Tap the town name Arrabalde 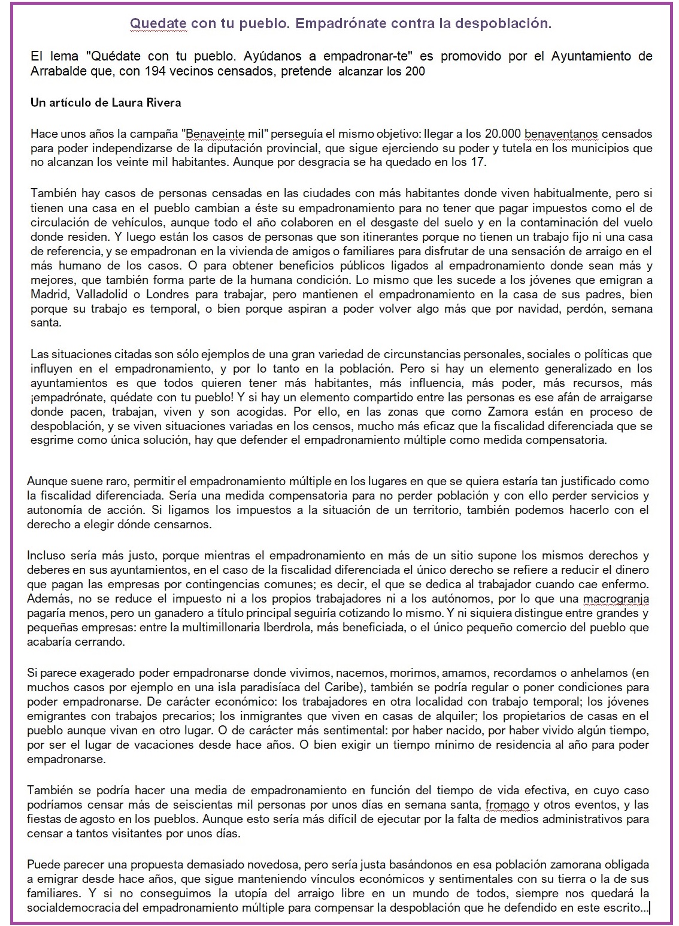tap(59, 72)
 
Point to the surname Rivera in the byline tap(162, 102)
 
